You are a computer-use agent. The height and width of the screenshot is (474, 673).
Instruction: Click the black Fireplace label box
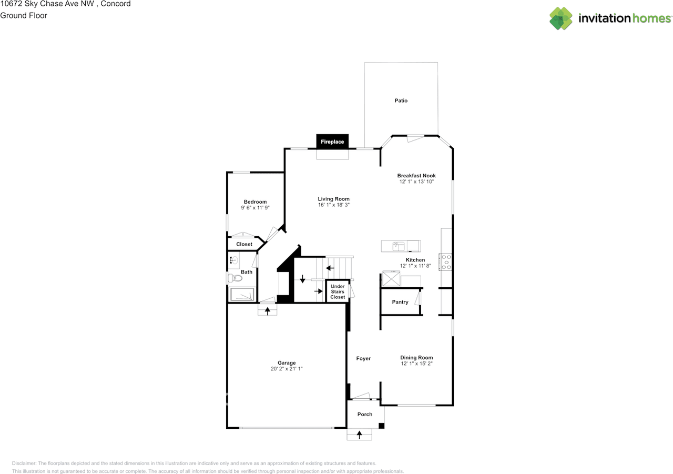[x=332, y=142]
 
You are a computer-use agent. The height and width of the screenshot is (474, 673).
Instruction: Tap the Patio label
[x=401, y=100]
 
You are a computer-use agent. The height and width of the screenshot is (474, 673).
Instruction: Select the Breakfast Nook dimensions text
[x=416, y=182]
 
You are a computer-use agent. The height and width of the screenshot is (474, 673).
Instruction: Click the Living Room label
[x=333, y=199]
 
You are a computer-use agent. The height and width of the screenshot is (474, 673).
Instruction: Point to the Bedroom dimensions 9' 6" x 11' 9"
[x=255, y=208]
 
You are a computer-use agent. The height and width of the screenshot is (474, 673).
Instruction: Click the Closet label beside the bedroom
[x=244, y=244]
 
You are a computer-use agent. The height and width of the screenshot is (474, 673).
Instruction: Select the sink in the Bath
[x=233, y=260]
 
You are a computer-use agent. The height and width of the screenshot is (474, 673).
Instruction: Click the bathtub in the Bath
[x=242, y=295]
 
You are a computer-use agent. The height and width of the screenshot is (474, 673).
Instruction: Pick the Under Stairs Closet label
[x=338, y=291]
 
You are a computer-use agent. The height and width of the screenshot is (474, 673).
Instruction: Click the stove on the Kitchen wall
[x=446, y=262]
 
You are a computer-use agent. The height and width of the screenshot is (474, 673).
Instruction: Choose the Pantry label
[x=400, y=302]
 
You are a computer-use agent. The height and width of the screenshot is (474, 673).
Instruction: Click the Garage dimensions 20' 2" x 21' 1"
[x=287, y=369]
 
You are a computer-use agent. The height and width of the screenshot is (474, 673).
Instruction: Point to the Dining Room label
[x=416, y=358]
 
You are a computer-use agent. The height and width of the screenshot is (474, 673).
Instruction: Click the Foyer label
[x=363, y=358]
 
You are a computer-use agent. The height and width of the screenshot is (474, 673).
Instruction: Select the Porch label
[x=365, y=414]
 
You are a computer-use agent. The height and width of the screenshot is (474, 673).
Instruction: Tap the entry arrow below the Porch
[x=360, y=435]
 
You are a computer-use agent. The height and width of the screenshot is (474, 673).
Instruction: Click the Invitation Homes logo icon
[x=561, y=18]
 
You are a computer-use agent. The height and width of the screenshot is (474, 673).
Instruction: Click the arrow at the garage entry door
[x=268, y=311]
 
